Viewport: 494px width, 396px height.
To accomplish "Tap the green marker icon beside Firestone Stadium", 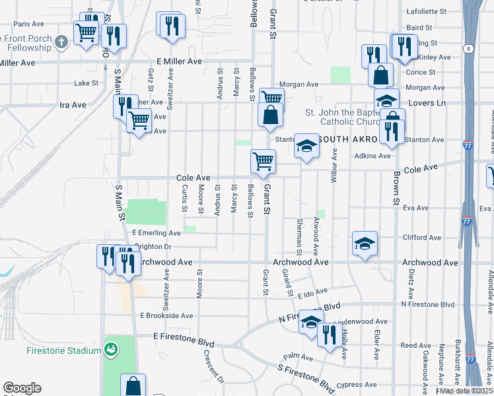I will pyautogui.click(x=112, y=347).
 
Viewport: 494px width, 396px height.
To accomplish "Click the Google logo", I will pyautogui.click(x=22, y=388).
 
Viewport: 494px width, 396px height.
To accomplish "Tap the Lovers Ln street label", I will pyautogui.click(x=427, y=103).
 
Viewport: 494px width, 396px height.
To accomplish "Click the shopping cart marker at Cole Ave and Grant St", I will pyautogui.click(x=263, y=160).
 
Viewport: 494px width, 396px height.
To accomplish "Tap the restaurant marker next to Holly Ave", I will pyautogui.click(x=327, y=334).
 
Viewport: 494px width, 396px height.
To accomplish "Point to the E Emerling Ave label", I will pyautogui.click(x=156, y=233).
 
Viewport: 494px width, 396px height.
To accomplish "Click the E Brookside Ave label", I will pyautogui.click(x=166, y=316).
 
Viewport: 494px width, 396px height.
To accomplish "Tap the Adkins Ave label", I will pyautogui.click(x=372, y=156).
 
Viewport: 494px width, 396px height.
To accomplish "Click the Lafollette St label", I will pyautogui.click(x=427, y=11).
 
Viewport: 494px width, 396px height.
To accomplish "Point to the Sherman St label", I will pyautogui.click(x=299, y=236).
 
